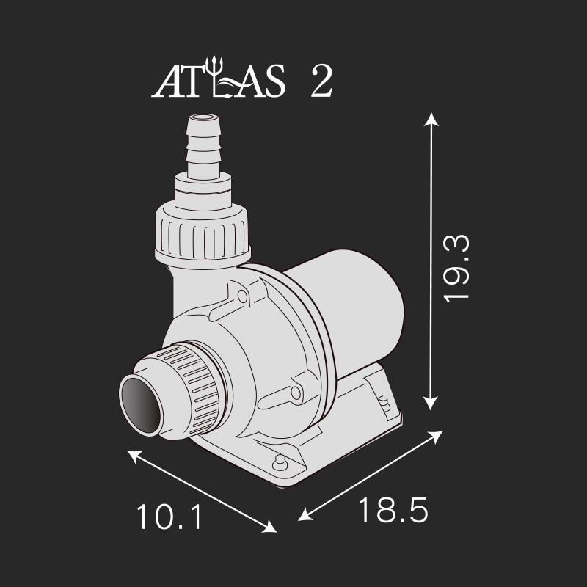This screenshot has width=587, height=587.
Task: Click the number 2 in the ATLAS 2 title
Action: tap(321, 82)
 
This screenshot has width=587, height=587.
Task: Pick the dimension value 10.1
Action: tap(169, 517)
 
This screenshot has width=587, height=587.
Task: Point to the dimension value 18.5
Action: tap(393, 510)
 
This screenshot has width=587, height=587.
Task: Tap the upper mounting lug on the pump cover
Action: tap(238, 296)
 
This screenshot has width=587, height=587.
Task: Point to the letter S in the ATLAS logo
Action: tap(271, 82)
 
